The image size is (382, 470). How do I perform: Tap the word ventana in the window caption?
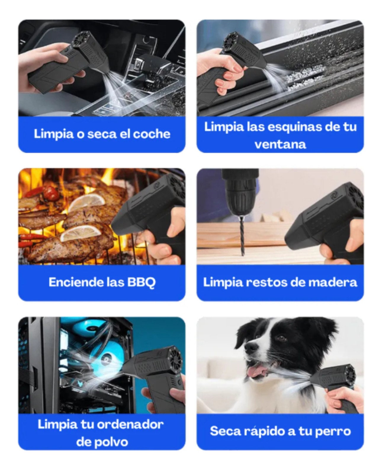[x=280, y=145]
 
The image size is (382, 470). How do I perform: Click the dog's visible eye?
[x=281, y=338]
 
